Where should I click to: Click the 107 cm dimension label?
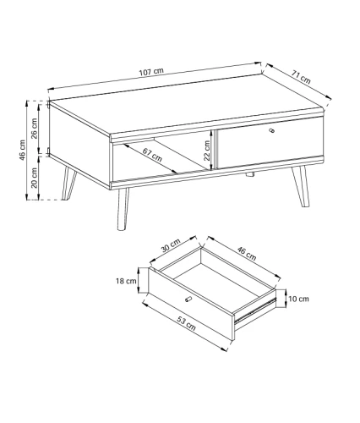pyautogui.click(x=151, y=71)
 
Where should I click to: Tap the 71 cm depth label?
pyautogui.click(x=301, y=77)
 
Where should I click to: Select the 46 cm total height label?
pyautogui.click(x=22, y=151)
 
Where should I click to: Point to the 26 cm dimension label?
pyautogui.click(x=34, y=129)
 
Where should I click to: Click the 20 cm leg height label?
pyautogui.click(x=34, y=178)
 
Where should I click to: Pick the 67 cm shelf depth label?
pyautogui.click(x=152, y=155)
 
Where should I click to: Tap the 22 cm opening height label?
pyautogui.click(x=207, y=151)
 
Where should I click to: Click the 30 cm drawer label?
pyautogui.click(x=171, y=245)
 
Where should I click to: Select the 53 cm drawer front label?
pyautogui.click(x=186, y=323)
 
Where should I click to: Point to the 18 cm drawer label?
pyautogui.click(x=126, y=281)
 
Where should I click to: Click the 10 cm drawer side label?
pyautogui.click(x=298, y=299)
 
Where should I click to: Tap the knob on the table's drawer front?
pyautogui.click(x=272, y=130)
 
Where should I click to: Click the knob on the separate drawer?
pyautogui.click(x=188, y=299)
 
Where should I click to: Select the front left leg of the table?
pyautogui.click(x=123, y=209)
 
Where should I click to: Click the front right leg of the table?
pyautogui.click(x=301, y=186)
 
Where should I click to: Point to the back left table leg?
pyautogui.click(x=68, y=184)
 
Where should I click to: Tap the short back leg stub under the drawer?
pyautogui.click(x=250, y=174)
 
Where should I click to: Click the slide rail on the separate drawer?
pyautogui.click(x=254, y=310)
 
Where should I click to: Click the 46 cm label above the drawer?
pyautogui.click(x=247, y=253)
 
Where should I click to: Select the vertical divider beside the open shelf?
pyautogui.click(x=214, y=150)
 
